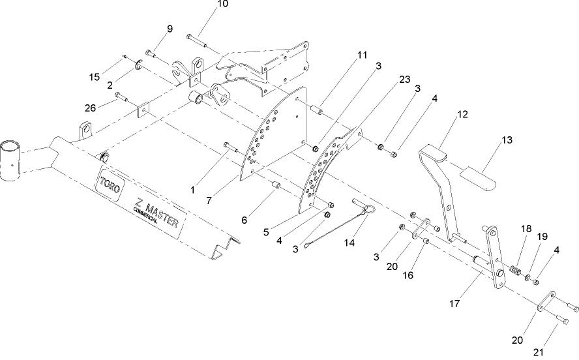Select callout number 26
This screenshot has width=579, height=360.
(91, 108)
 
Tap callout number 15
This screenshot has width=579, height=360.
(94, 78)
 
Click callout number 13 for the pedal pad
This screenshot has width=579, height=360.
(507, 140)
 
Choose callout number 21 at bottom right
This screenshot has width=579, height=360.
(538, 352)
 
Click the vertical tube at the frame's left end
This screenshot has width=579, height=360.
(12, 160)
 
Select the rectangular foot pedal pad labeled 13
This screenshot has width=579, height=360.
(477, 176)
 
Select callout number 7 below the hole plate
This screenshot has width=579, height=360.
(208, 201)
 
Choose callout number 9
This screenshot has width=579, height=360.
(170, 29)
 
